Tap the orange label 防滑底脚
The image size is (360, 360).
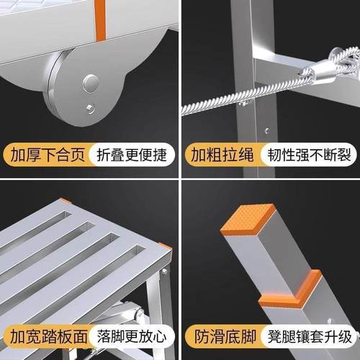(218, 336)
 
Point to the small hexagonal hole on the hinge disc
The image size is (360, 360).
(88, 108)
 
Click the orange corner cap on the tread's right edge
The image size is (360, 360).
(166, 251)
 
